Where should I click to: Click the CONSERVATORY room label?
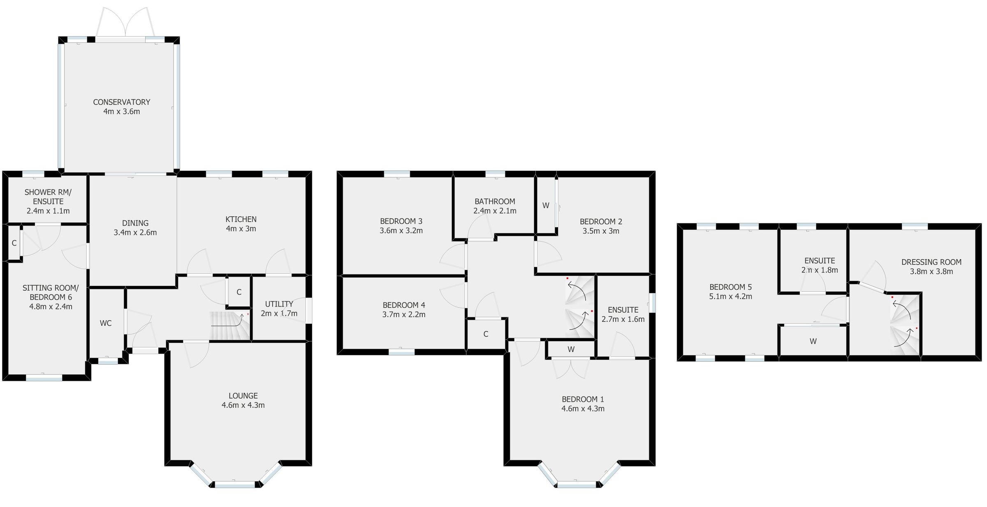point(121,102)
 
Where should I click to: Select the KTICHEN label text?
point(241,219)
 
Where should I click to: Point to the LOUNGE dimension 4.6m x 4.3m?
point(243,405)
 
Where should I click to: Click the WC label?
point(106,323)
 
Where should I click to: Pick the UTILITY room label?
point(279,304)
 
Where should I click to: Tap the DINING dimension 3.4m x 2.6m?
point(135,233)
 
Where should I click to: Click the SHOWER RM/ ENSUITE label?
point(48,197)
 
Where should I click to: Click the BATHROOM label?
point(495,202)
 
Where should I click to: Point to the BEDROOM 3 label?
point(401,221)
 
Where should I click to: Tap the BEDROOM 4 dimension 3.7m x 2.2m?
point(404,315)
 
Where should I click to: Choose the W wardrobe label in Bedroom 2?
point(546,206)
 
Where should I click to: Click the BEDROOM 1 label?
point(583,399)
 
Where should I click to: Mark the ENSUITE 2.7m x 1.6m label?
point(623,314)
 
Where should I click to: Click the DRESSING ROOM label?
point(931,262)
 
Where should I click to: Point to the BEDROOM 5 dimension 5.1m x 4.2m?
point(730,297)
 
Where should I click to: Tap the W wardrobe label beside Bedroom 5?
point(813,341)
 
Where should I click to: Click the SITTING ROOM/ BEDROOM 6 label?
point(50,293)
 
